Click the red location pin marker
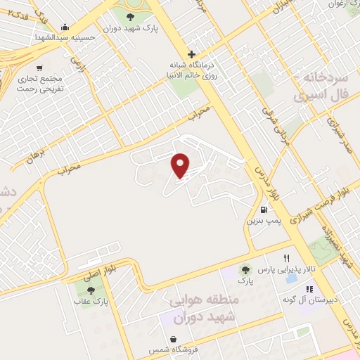(181, 165)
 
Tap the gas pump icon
(264, 209)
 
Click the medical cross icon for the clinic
(191, 54)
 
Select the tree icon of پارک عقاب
(90, 290)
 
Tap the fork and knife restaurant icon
(286, 258)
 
